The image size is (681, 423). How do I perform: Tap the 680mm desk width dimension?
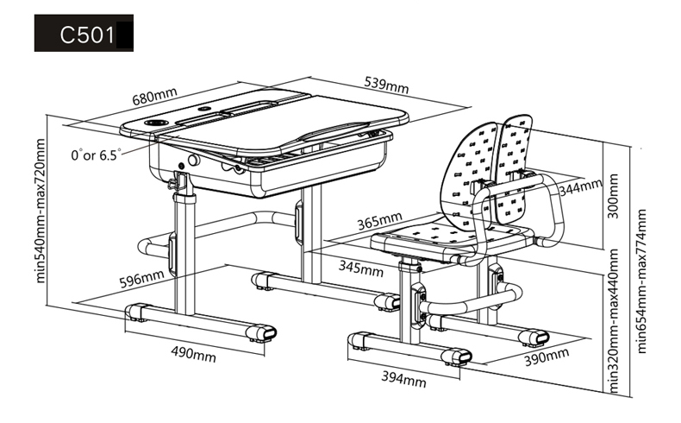154,96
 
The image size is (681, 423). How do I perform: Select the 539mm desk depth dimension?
386,85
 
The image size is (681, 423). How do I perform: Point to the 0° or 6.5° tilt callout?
96,155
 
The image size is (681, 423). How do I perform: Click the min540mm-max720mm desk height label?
40,211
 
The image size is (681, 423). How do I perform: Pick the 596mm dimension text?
141,279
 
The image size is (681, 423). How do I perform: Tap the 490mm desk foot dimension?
193,354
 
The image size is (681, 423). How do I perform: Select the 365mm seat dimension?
379,221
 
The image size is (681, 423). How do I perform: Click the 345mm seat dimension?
361,268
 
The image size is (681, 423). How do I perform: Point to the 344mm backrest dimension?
580,187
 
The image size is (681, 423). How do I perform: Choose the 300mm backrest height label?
612,196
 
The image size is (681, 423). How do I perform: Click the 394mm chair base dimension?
403,379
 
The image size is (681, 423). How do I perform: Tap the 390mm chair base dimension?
547,357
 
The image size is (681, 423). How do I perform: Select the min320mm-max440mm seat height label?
613,320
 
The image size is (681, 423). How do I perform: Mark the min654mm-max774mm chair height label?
641,281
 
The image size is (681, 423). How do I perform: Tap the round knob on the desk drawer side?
194,160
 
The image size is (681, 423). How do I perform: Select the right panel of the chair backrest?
515,169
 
